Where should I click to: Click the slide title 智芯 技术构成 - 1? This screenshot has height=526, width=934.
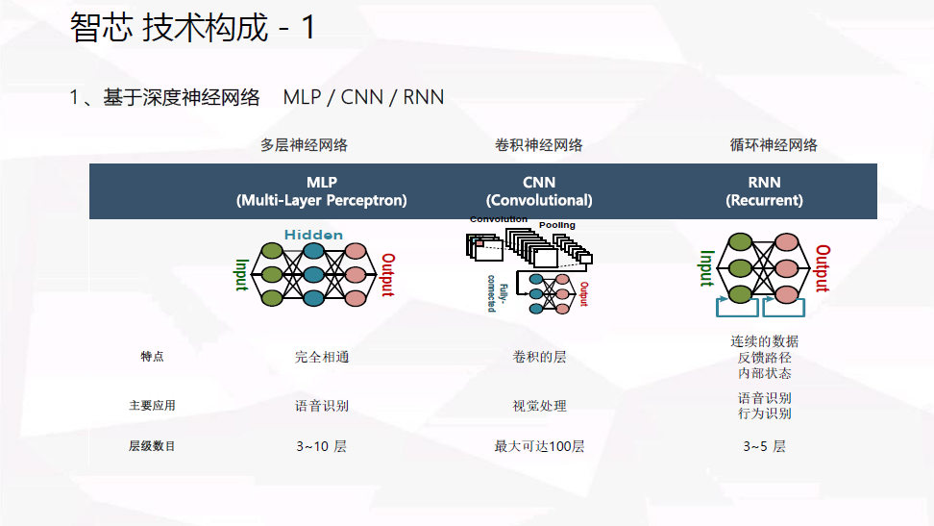tap(192, 28)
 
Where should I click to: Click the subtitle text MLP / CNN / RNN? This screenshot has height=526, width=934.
tap(363, 97)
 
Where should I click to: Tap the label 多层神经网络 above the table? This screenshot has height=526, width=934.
tap(304, 145)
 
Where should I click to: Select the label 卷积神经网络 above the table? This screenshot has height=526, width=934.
tap(538, 145)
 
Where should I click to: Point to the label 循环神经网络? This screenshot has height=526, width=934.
tap(774, 145)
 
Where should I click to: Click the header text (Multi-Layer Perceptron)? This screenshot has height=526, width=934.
tap(322, 201)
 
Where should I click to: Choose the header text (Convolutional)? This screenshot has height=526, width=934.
tap(539, 201)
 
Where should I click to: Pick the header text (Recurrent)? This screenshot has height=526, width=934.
tap(765, 201)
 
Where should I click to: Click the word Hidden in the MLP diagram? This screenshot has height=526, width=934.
tap(313, 235)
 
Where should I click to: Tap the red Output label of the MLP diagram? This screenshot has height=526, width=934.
tap(388, 275)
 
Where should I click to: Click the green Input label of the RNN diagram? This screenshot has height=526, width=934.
tap(706, 268)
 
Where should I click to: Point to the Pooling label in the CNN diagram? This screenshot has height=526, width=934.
tap(557, 225)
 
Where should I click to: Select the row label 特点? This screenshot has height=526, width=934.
tap(153, 357)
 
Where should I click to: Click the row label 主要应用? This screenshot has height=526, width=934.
tap(153, 406)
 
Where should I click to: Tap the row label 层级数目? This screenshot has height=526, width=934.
tap(153, 446)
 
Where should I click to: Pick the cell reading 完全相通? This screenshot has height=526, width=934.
tap(322, 357)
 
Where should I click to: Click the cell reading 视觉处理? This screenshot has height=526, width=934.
tap(539, 406)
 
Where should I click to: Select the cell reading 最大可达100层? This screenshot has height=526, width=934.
tap(539, 446)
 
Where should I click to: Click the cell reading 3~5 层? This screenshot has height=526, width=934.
tap(764, 446)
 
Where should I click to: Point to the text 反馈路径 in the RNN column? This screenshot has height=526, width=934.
tap(765, 358)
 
